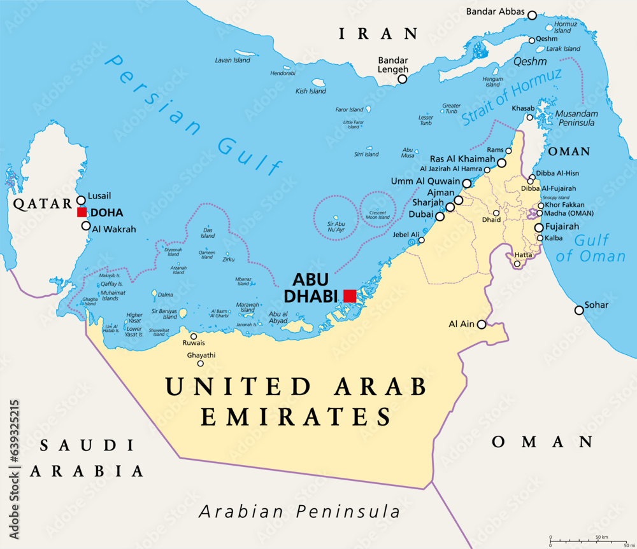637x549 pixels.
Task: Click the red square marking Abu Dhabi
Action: (349, 295)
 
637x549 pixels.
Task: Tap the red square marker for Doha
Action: (82, 212)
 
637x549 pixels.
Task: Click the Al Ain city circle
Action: (482, 324)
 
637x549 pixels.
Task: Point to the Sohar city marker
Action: (579, 310)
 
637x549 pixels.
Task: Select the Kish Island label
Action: (311, 91)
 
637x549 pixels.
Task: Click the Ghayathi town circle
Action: (201, 364)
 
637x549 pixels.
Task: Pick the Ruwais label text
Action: (194, 343)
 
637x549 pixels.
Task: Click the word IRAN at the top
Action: (378, 34)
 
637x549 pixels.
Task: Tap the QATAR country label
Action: (39, 204)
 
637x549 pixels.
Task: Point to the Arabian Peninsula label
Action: (299, 511)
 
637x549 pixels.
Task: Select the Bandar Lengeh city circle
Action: (402, 80)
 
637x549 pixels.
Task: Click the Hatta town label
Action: (522, 254)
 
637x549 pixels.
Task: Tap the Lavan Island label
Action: (233, 60)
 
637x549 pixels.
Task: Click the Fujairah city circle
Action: (539, 227)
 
